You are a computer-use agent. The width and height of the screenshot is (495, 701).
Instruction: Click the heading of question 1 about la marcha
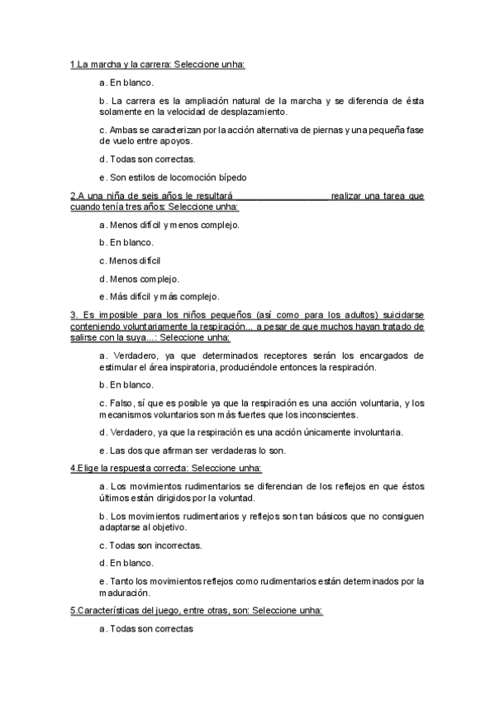click(x=158, y=64)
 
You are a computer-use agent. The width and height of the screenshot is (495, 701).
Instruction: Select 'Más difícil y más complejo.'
click(x=159, y=296)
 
